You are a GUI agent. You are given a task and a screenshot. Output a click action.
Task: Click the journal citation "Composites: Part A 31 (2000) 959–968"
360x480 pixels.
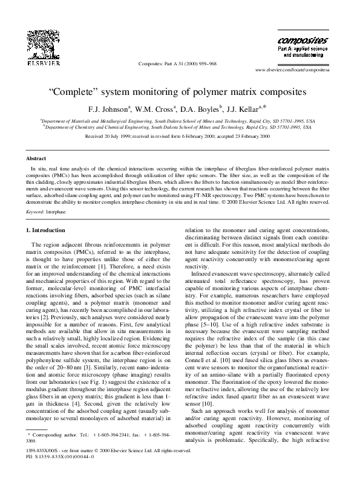pyautogui.click(x=177, y=63)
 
